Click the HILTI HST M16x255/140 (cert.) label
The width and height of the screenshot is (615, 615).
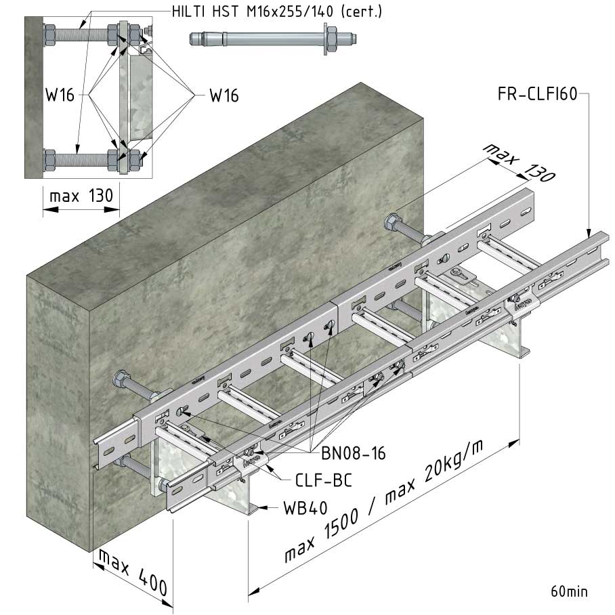(277, 12)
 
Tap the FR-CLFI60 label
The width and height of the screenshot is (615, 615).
(537, 94)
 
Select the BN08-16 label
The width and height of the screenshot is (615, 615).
(354, 453)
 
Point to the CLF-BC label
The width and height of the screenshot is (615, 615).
(324, 480)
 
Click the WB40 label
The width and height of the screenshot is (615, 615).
(305, 508)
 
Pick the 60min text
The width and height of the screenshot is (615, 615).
(569, 591)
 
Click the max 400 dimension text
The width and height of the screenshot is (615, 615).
(133, 572)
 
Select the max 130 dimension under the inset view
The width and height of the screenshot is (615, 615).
(81, 195)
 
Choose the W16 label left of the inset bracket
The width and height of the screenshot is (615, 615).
(60, 95)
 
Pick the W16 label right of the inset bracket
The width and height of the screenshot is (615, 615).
(224, 96)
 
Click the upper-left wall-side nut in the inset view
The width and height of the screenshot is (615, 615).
(49, 35)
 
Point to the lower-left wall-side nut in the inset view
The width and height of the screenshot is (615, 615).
(49, 160)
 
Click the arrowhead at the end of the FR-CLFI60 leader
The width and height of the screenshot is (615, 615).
(589, 234)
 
